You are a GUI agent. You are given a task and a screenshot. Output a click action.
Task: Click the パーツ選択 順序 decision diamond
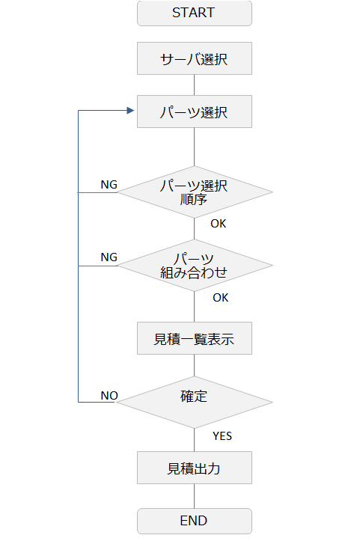[195, 192]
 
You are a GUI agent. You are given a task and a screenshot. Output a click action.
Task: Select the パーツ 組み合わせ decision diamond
[195, 266]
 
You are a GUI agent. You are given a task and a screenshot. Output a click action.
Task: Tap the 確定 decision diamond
[195, 402]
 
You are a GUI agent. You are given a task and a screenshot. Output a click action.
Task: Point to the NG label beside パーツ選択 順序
[109, 184]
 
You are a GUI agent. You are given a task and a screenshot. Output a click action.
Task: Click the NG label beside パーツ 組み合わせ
[109, 257]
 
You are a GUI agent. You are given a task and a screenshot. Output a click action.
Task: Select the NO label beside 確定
[109, 395]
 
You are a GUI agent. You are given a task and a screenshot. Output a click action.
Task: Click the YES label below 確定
[222, 436]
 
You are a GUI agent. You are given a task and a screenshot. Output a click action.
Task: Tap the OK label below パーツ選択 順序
[219, 223]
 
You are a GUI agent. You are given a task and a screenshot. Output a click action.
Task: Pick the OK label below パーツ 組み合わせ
[221, 297]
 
